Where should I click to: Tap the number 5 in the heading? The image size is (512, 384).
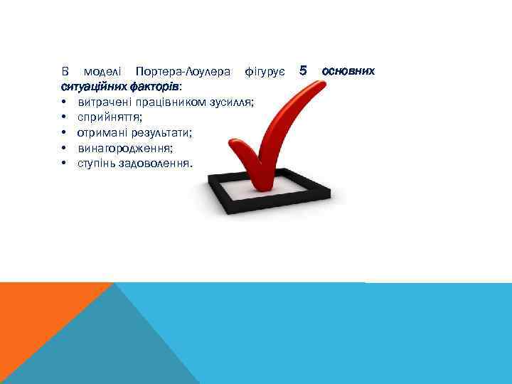tap(303, 71)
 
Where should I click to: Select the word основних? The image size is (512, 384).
tap(348, 72)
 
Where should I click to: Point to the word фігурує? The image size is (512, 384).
tap(265, 72)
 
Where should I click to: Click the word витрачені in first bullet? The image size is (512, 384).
tap(103, 102)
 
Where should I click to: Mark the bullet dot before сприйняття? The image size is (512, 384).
tap(64, 118)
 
